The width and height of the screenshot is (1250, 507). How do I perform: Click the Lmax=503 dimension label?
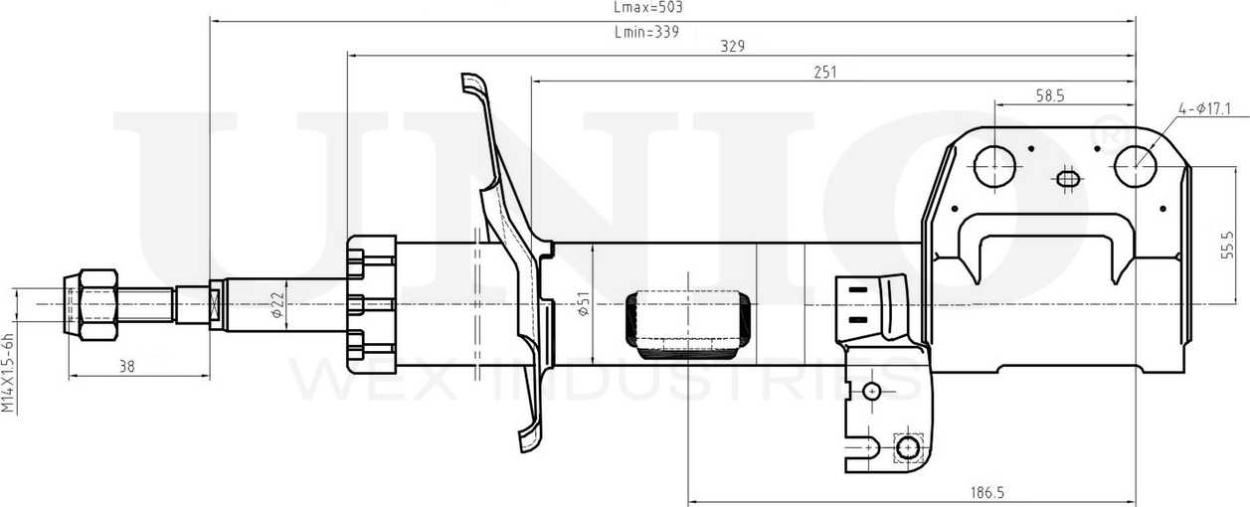coord(648,7)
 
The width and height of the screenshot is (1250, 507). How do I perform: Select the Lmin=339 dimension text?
coord(646,32)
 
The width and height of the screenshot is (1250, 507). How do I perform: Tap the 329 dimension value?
coord(732,46)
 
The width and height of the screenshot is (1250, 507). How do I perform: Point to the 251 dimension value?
coord(824,72)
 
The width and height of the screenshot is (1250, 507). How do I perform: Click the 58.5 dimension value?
coord(1050,96)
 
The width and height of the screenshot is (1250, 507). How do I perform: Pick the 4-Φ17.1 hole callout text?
coord(1204,108)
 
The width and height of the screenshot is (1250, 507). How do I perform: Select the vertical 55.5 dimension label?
coord(1228,245)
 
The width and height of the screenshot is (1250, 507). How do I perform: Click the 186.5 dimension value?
coord(987,492)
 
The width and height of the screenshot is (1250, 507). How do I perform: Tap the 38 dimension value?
coord(127,367)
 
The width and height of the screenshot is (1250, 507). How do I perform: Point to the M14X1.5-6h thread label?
coord(7,373)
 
